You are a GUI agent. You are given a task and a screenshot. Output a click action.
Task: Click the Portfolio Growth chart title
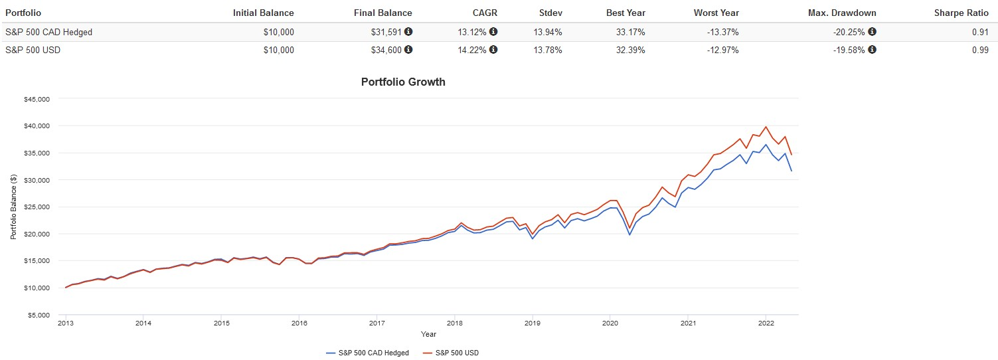click(403, 82)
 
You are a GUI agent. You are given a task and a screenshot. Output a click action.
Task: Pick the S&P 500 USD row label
click(33, 50)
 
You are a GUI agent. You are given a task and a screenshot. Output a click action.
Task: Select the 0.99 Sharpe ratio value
click(979, 50)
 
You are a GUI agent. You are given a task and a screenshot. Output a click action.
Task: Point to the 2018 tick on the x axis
click(454, 323)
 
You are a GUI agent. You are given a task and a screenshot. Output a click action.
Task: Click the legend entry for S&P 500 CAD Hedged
click(368, 353)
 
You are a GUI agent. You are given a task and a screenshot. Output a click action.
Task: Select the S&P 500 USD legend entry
click(450, 353)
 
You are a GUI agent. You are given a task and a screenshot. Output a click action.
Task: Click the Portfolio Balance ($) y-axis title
click(13, 207)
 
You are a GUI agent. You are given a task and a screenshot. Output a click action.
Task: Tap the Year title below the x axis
click(428, 334)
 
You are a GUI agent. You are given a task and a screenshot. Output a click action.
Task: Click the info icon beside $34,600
click(408, 50)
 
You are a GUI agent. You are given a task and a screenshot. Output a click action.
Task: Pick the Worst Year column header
click(716, 13)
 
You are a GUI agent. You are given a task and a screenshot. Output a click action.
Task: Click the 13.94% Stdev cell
click(548, 32)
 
